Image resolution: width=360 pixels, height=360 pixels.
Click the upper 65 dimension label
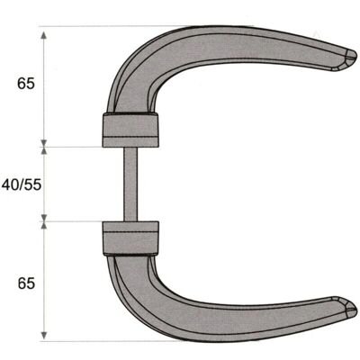[x=26, y=84]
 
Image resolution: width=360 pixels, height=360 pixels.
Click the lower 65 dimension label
[x=26, y=283]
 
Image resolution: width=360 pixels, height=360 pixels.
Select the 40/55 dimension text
[x=22, y=185]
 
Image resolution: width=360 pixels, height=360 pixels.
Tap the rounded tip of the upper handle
[x=351, y=57]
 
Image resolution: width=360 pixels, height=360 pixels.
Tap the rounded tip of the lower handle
[x=351, y=308]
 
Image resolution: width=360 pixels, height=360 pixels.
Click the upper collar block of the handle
[x=130, y=130]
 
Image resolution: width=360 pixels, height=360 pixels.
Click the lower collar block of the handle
[x=130, y=238]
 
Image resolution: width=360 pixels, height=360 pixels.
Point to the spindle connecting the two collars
[x=130, y=184]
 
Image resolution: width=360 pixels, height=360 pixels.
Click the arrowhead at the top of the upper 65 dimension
[x=44, y=34]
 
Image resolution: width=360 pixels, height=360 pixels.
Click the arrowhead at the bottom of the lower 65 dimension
[x=44, y=336]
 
